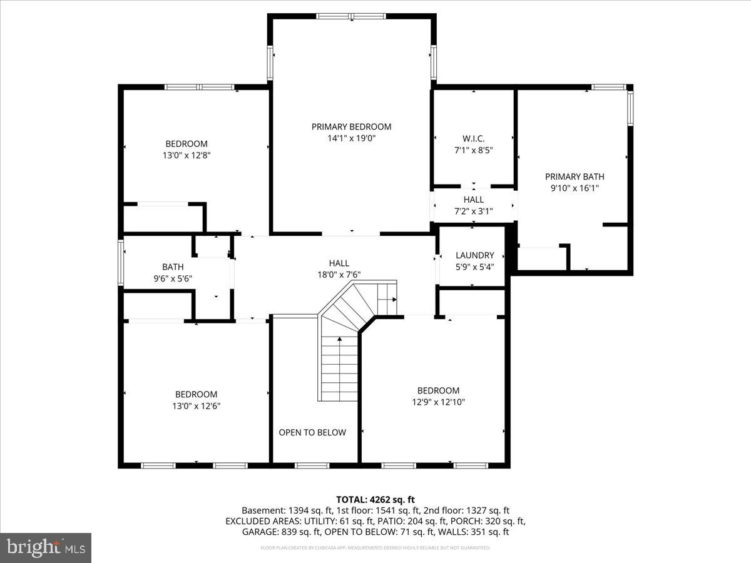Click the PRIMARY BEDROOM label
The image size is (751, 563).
click(351, 127)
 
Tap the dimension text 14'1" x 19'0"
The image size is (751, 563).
click(351, 139)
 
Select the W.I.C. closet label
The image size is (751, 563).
click(473, 138)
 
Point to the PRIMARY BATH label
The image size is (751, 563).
click(575, 176)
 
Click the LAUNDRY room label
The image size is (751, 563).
click(474, 255)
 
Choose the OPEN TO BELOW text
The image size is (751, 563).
click(312, 432)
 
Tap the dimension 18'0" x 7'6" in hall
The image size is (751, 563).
click(339, 275)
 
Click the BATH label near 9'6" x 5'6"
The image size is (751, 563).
click(173, 266)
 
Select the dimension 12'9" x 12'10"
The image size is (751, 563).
click(438, 402)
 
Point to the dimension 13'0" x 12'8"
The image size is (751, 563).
click(186, 155)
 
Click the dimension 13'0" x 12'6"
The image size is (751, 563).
click(197, 405)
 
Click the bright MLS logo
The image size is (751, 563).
click(46, 548)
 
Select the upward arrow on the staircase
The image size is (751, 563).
click(340, 339)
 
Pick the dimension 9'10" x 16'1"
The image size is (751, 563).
click(575, 188)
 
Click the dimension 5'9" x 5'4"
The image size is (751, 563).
click(474, 267)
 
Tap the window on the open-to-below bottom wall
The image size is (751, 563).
click(312, 465)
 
